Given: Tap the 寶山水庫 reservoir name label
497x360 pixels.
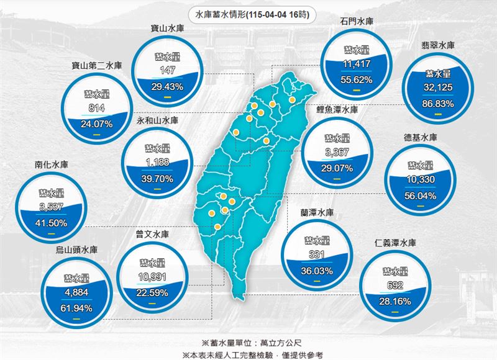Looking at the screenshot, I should [166, 28].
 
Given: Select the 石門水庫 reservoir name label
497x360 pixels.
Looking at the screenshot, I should [356, 22].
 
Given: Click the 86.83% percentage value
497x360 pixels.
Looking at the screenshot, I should [438, 104].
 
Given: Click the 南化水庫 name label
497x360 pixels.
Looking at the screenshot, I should [51, 165].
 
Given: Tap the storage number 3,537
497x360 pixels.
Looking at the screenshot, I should [52, 207].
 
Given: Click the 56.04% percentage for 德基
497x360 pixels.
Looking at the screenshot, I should [420, 196].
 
